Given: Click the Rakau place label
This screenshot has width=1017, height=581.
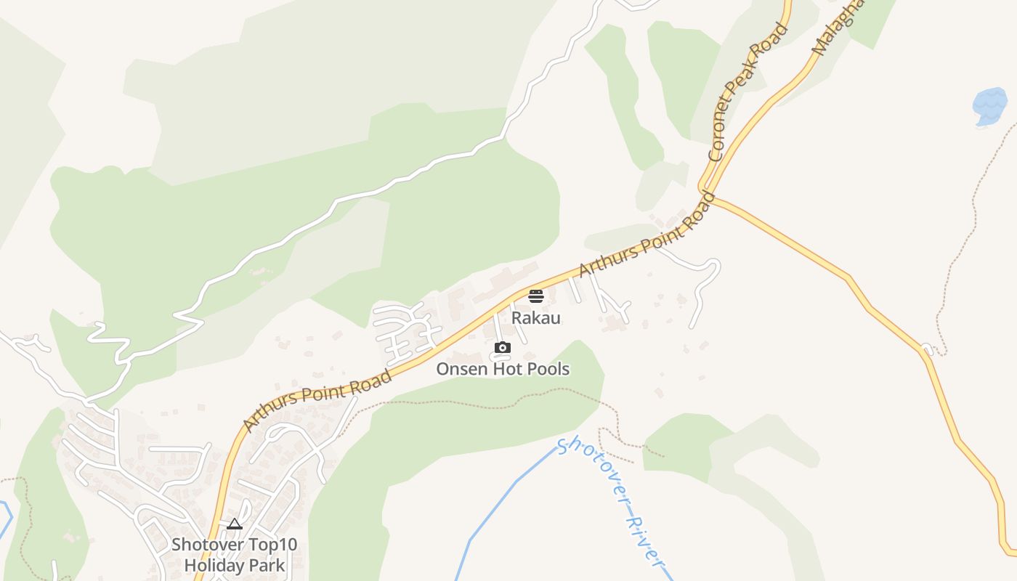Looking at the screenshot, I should pos(536,318).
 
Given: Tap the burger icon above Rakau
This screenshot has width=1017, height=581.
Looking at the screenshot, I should pos(536,296).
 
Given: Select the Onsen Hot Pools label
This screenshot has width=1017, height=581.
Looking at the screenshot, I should pos(503,369).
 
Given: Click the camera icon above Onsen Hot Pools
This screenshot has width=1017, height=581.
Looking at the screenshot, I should pos(503,348).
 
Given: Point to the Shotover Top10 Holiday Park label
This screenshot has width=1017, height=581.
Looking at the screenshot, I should pos(235,554).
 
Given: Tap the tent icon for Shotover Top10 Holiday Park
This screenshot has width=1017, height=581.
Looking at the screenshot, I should pos(234,524).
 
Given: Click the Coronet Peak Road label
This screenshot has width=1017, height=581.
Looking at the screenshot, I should pos(747,92).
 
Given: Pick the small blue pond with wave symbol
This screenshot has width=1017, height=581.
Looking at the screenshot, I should pos(989,106).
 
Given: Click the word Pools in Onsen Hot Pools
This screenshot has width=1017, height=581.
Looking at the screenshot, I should pos(548,369).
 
